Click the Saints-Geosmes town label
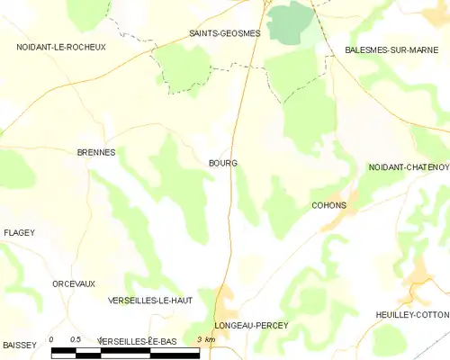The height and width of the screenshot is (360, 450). click(224, 33)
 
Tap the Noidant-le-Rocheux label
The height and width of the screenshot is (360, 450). click(60, 46)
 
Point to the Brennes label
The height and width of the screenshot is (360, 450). click(95, 153)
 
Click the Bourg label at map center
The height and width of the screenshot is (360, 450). click(222, 164)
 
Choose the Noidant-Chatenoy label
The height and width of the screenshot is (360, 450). click(408, 167)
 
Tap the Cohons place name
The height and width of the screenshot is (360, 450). click(328, 205)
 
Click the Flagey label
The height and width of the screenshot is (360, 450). click(19, 233)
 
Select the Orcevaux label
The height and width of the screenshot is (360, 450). click(74, 283)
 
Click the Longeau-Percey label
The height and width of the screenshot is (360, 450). click(251, 325)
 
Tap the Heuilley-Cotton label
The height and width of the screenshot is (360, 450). click(412, 314)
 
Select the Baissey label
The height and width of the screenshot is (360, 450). click(20, 345)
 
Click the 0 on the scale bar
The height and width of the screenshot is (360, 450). click(52, 339)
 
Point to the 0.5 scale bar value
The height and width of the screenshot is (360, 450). click(76, 339)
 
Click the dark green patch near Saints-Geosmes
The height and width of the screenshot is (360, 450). click(289, 20)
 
